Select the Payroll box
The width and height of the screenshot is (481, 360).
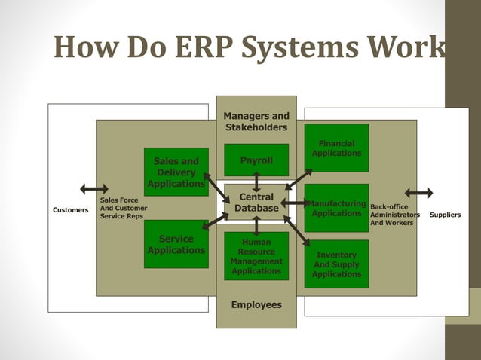pyautogui.click(x=256, y=160)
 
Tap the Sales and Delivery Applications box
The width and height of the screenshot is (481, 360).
pyautogui.click(x=176, y=172)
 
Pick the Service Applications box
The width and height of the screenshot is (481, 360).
pyautogui.click(x=176, y=244)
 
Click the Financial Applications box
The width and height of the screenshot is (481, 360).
pyautogui.click(x=336, y=148)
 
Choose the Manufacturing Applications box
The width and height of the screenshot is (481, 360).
pyautogui.click(x=336, y=208)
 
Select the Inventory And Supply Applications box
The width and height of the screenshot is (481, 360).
pyautogui.click(x=336, y=264)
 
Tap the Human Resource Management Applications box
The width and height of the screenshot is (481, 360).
pyautogui.click(x=256, y=257)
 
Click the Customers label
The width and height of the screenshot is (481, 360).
pyautogui.click(x=70, y=210)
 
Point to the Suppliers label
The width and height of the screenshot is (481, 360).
pyautogui.click(x=445, y=215)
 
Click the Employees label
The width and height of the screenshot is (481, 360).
pyautogui.click(x=256, y=305)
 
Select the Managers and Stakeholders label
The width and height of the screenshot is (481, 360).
pyautogui.click(x=256, y=121)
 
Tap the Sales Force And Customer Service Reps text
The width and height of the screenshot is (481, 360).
pyautogui.click(x=124, y=208)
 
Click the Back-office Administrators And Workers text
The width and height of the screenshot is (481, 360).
pyautogui.click(x=394, y=214)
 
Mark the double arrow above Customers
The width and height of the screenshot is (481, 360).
pyautogui.click(x=94, y=188)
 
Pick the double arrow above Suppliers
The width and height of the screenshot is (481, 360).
pyautogui.click(x=418, y=193)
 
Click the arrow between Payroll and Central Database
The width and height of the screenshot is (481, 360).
pyautogui.click(x=256, y=182)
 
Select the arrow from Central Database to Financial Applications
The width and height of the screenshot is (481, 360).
pyautogui.click(x=299, y=178)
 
